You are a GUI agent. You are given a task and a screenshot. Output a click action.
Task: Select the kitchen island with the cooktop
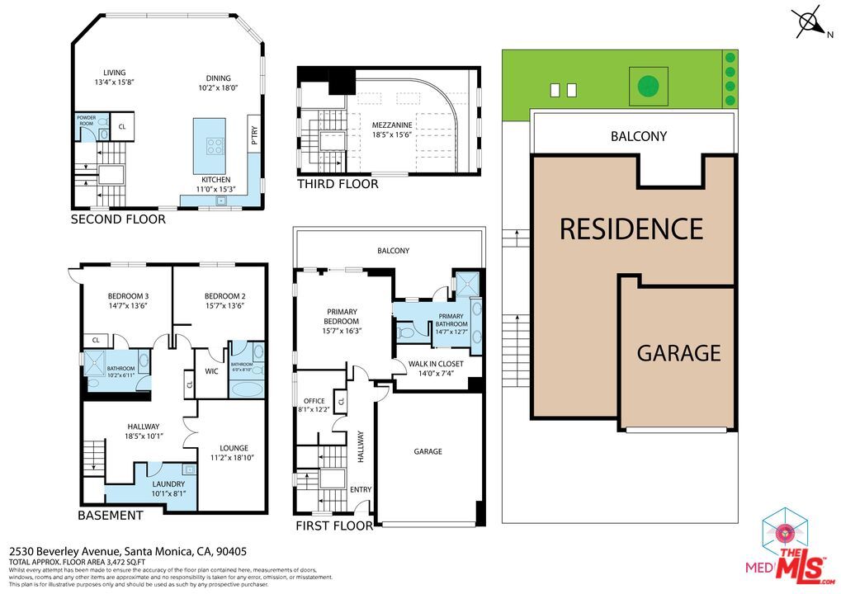point(209,136)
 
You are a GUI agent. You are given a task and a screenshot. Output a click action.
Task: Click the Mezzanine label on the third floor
point(391,125)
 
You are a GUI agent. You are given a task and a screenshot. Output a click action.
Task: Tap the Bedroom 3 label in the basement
point(128,296)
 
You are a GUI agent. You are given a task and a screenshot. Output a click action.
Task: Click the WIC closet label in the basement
point(211,371)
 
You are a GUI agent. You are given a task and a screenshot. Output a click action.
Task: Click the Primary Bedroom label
point(341,316)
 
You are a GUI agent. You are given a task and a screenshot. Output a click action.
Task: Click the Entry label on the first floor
point(361,489)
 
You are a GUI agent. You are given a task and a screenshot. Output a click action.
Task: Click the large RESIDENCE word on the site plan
point(631,229)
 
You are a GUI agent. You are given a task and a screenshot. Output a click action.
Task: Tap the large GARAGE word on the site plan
point(678,353)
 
